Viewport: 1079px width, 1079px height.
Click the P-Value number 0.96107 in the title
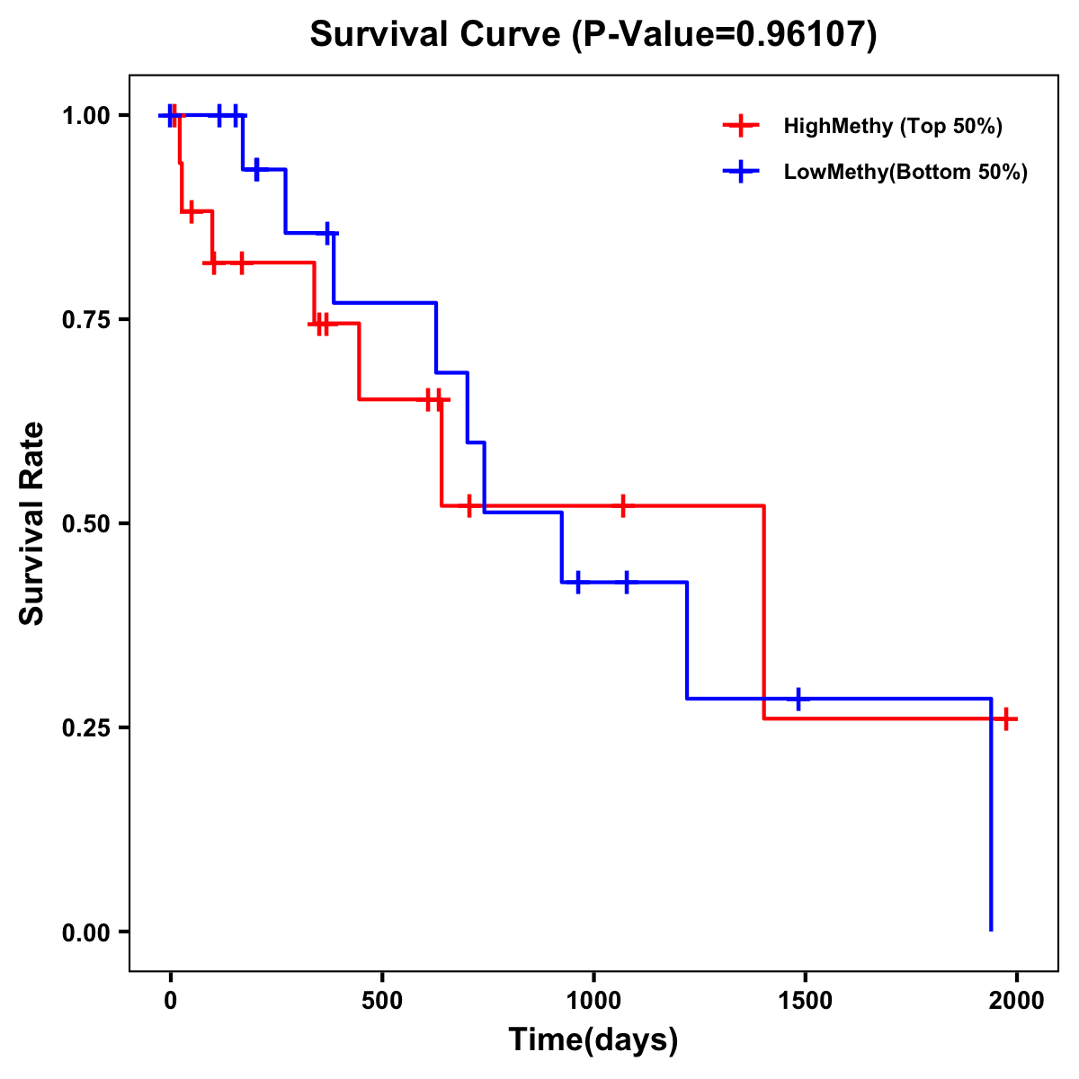pyautogui.click(x=803, y=35)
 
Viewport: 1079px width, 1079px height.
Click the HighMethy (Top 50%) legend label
pyautogui.click(x=893, y=126)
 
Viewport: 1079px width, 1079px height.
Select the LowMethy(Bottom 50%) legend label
pyautogui.click(x=905, y=172)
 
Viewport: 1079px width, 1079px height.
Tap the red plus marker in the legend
pyautogui.click(x=740, y=126)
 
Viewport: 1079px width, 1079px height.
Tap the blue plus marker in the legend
pyautogui.click(x=740, y=172)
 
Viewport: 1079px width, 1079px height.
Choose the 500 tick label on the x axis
pyautogui.click(x=382, y=1001)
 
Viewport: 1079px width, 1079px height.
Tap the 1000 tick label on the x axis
pyautogui.click(x=593, y=1001)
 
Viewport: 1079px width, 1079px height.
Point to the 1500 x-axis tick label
pyautogui.click(x=805, y=1001)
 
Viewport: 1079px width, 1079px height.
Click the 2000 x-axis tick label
pyautogui.click(x=1016, y=1001)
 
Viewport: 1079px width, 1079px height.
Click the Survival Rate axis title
pyautogui.click(x=32, y=523)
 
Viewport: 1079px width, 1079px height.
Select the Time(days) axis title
pyautogui.click(x=593, y=1040)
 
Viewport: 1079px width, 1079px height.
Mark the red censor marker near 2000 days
pyautogui.click(x=1006, y=718)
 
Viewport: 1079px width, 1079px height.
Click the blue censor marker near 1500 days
pyautogui.click(x=798, y=699)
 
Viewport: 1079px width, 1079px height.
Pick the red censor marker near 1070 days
pyautogui.click(x=622, y=506)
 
